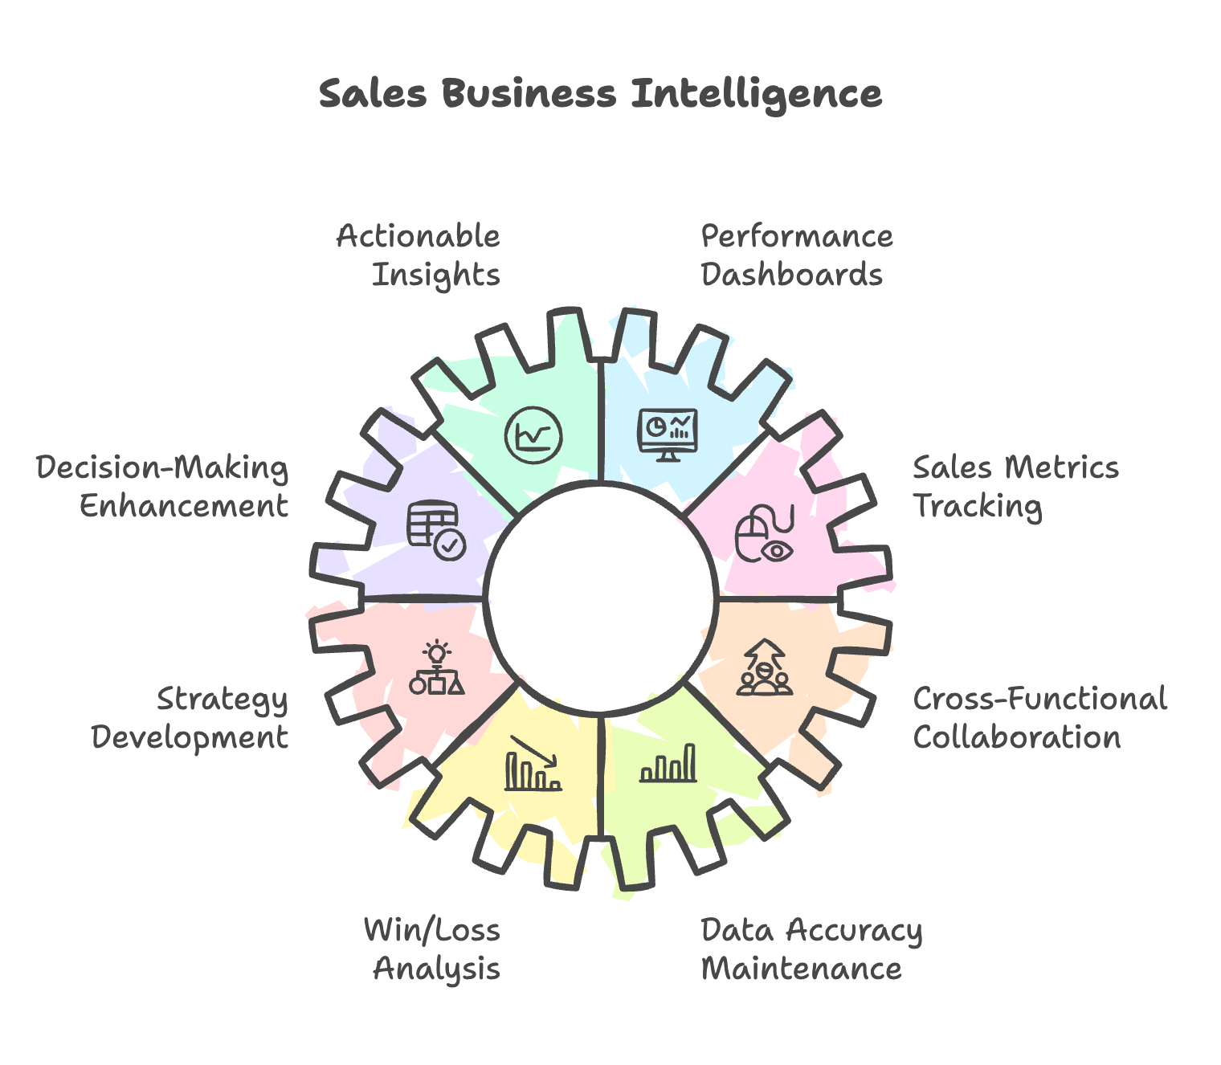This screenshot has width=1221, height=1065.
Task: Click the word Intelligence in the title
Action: tap(756, 94)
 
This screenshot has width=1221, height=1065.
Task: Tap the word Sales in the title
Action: tap(373, 94)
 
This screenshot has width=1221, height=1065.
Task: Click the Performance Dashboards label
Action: tap(796, 255)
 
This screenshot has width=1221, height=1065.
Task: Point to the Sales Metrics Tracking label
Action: tap(1015, 487)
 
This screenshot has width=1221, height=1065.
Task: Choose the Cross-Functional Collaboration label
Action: tap(1039, 718)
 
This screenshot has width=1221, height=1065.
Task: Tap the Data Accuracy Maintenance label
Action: tap(811, 949)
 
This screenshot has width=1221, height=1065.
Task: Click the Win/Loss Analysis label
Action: tap(433, 949)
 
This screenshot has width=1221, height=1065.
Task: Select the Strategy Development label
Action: tap(190, 718)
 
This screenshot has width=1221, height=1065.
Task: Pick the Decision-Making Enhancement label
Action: tap(163, 487)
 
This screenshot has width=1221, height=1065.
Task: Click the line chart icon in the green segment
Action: tap(533, 435)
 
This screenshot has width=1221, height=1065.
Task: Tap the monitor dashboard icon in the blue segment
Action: tap(668, 435)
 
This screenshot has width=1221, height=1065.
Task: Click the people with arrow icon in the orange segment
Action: tap(765, 667)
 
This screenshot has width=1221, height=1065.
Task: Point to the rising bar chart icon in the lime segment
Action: tap(668, 764)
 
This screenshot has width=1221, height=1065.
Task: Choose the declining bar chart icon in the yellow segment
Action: tap(533, 764)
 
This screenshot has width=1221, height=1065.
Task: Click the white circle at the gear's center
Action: tap(601, 598)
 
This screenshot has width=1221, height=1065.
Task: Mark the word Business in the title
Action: tap(529, 94)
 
